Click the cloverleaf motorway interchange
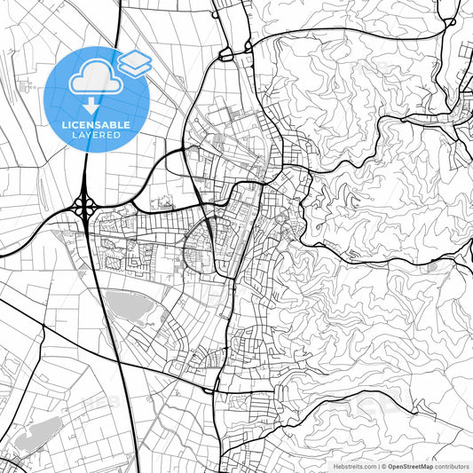[86, 207]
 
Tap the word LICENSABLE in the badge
[98, 125]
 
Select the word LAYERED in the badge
[98, 137]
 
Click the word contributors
[453, 466]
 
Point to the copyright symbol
[382, 466]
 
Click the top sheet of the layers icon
[134, 58]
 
